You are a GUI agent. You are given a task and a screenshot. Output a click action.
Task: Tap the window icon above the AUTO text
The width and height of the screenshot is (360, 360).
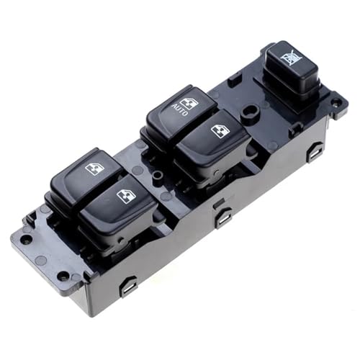189,104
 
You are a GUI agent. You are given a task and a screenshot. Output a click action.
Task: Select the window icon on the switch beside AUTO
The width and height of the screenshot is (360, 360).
218,130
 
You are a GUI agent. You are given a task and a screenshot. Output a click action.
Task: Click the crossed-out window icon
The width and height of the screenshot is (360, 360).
291,57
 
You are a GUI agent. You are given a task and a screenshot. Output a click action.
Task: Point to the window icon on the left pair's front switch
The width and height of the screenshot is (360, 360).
125,196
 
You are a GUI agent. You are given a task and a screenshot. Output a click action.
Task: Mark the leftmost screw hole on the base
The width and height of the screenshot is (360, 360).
27,240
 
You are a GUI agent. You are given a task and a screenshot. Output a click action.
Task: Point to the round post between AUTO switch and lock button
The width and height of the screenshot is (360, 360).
248,112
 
